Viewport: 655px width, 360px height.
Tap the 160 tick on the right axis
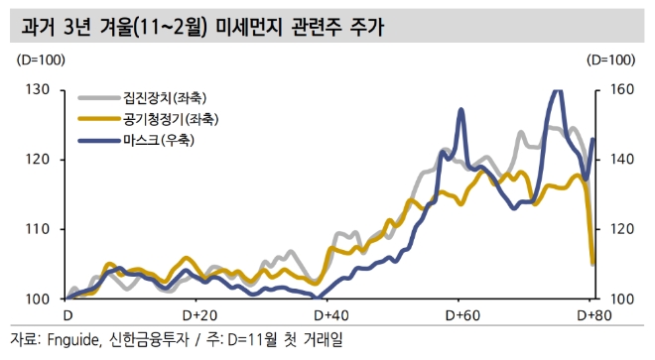618,89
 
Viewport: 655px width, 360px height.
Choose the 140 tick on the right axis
618,159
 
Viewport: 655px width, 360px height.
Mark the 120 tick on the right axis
618,229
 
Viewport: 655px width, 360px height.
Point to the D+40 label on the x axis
328,314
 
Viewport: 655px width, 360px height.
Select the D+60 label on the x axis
459,314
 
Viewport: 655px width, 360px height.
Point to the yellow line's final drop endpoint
592,264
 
